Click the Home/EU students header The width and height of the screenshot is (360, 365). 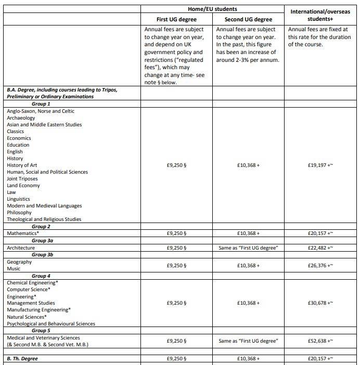pyautogui.click(x=213, y=8)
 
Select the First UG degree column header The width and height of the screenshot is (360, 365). pyautogui.click(x=177, y=19)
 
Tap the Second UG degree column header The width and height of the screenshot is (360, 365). pyautogui.click(x=249, y=19)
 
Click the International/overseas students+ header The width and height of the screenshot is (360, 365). pyautogui.click(x=320, y=15)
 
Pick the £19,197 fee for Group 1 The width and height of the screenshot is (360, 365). pyautogui.click(x=320, y=165)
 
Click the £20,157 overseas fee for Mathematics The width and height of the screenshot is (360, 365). pyautogui.click(x=320, y=233)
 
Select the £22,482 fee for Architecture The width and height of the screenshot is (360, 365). pyautogui.click(x=320, y=248)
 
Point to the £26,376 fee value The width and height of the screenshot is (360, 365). pyautogui.click(x=320, y=266)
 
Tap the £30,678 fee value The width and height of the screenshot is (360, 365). pyautogui.click(x=320, y=303)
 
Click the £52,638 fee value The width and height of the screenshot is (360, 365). pyautogui.click(x=320, y=341)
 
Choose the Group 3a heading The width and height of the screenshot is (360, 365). pyautogui.click(x=43, y=241)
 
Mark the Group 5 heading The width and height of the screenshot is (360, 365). pyautogui.click(x=41, y=331)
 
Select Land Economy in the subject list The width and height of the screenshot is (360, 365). pyautogui.click(x=23, y=186)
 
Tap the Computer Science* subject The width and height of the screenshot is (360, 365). pyautogui.click(x=29, y=289)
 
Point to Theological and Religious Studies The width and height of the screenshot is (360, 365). pyautogui.click(x=44, y=219)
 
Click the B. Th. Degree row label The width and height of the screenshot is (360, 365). pyautogui.click(x=22, y=359)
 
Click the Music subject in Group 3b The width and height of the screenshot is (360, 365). pyautogui.click(x=14, y=269)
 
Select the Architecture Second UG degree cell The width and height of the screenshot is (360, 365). pyautogui.click(x=248, y=248)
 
